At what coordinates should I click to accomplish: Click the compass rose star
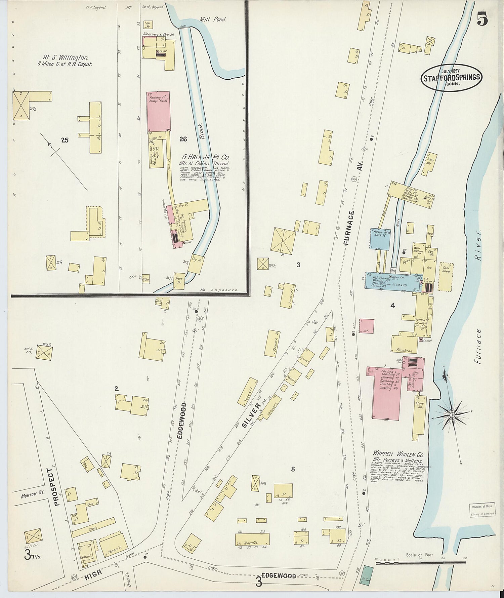click(452, 415)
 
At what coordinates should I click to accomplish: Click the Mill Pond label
click(213, 20)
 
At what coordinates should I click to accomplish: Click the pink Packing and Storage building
click(158, 111)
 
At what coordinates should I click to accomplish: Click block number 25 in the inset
click(65, 140)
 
